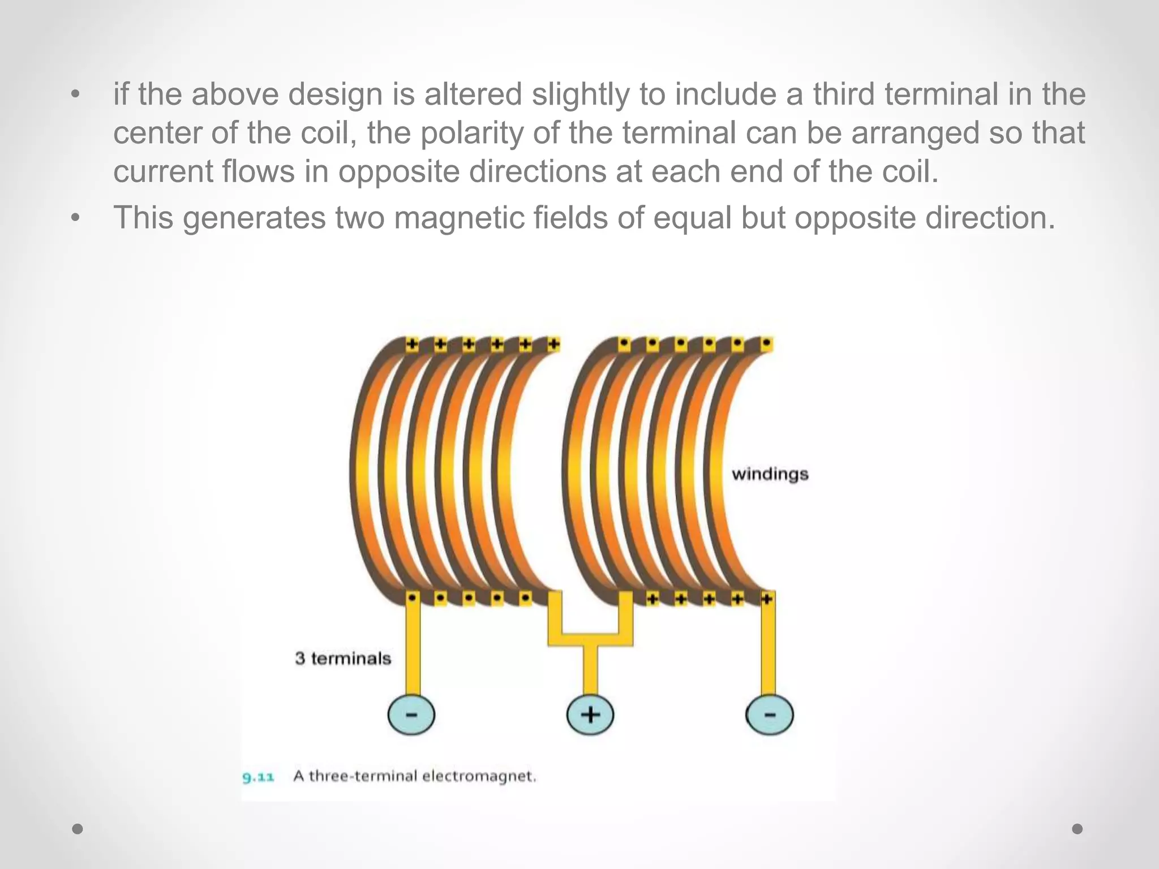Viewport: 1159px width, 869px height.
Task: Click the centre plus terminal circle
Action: click(x=590, y=715)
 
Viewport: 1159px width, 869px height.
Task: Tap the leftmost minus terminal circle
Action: click(x=411, y=715)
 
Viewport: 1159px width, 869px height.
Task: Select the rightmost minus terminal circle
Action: click(x=769, y=715)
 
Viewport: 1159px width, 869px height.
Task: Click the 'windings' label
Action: click(x=770, y=474)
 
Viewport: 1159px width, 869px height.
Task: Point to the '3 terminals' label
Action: click(x=343, y=659)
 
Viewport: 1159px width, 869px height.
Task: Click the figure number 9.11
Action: click(x=258, y=777)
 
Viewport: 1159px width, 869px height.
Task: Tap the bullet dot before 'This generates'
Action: click(x=76, y=218)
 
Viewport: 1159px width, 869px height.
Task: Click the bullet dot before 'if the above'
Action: click(x=76, y=94)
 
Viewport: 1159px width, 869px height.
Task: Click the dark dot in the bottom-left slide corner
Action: click(x=78, y=829)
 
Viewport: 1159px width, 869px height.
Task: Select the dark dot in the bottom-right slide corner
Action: click(x=1078, y=829)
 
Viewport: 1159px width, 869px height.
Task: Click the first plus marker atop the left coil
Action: click(x=412, y=344)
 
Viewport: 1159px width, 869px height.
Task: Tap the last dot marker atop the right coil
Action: click(x=766, y=343)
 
